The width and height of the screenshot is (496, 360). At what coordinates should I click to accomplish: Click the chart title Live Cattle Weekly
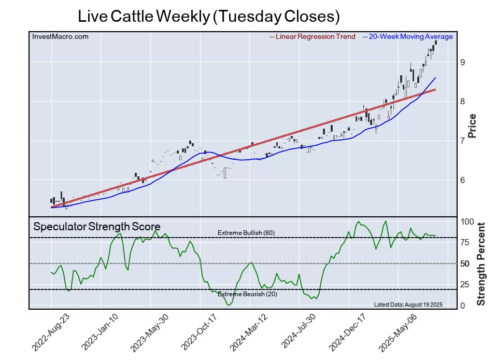pyautogui.click(x=208, y=16)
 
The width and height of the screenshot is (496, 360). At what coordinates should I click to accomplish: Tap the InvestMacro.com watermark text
pyautogui.click(x=60, y=36)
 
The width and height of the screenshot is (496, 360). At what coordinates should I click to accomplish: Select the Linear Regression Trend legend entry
pyautogui.click(x=313, y=36)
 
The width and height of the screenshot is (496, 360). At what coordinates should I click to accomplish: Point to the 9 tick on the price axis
pyautogui.click(x=462, y=62)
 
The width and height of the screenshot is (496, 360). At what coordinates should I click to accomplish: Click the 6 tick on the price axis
pyautogui.click(x=462, y=180)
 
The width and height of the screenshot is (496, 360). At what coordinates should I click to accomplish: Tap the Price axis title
pyautogui.click(x=472, y=126)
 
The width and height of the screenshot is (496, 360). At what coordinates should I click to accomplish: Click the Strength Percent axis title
pyautogui.click(x=481, y=264)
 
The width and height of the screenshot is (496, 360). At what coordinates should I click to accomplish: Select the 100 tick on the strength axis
pyautogui.click(x=467, y=221)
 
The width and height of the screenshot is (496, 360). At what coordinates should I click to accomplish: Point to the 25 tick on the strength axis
pyautogui.click(x=465, y=285)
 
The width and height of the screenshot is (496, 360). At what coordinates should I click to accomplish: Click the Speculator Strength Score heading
pyautogui.click(x=96, y=227)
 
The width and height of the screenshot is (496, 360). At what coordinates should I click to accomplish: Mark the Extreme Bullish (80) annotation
pyautogui.click(x=246, y=233)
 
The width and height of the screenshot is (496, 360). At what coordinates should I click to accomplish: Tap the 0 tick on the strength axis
pyautogui.click(x=463, y=306)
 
